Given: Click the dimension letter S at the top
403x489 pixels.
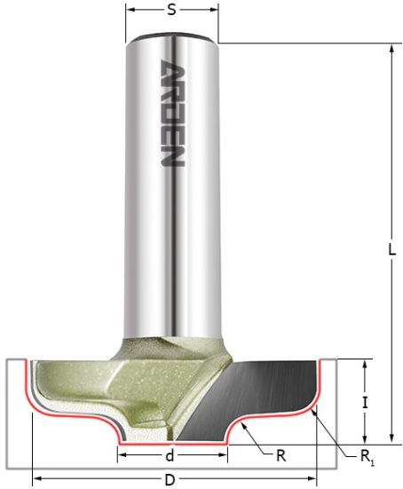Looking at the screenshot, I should pyautogui.click(x=170, y=12).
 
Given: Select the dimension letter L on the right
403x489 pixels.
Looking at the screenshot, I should pyautogui.click(x=391, y=251).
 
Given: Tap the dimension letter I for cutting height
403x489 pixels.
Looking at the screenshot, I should pyautogui.click(x=367, y=402).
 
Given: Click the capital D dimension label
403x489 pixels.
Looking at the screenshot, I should pyautogui.click(x=172, y=481).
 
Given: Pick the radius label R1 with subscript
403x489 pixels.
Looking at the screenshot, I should pyautogui.click(x=367, y=457).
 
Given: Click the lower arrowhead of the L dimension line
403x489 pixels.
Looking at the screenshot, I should pyautogui.click(x=391, y=438).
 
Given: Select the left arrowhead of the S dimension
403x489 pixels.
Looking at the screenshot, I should pyautogui.click(x=130, y=12).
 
